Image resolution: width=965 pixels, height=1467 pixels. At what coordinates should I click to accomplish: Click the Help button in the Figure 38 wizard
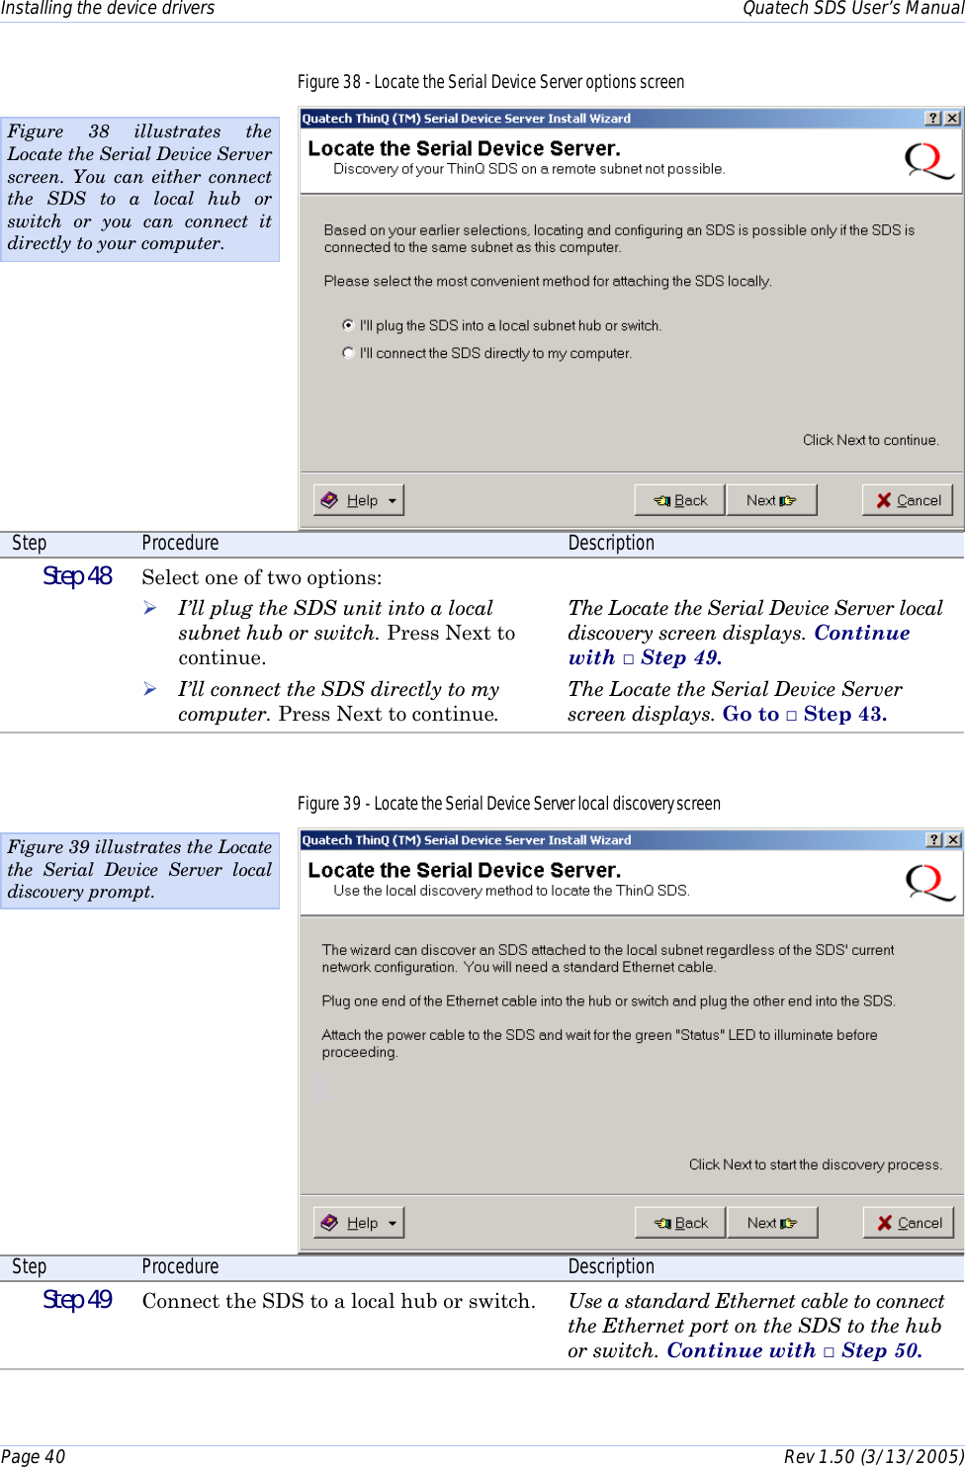[x=359, y=500]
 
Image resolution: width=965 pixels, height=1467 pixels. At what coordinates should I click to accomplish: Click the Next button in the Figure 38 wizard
[x=771, y=500]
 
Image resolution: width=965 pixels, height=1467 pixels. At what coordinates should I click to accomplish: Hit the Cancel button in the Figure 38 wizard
[x=908, y=500]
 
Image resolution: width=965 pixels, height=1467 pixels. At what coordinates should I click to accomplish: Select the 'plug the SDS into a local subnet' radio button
[x=348, y=325]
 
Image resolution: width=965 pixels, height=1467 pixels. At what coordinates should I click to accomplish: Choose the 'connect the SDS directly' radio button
[x=348, y=353]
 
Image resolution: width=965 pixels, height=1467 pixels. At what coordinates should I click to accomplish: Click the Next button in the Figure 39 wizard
[x=772, y=1223]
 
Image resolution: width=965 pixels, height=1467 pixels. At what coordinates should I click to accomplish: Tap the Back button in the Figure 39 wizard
[x=680, y=1223]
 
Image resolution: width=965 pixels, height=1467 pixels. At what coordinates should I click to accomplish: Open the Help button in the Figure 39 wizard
[x=359, y=1223]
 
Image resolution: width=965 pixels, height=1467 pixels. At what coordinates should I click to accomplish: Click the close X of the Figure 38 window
[x=952, y=119]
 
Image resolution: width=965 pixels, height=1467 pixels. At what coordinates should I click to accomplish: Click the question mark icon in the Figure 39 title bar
[x=933, y=840]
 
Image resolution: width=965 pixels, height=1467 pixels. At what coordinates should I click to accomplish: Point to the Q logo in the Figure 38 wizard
[x=929, y=161]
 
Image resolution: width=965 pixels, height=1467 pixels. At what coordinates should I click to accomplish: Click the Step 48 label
[x=77, y=576]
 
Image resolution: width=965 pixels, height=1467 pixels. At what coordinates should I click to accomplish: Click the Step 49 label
[x=77, y=1300]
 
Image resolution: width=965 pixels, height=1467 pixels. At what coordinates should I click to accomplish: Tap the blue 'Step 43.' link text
[x=844, y=714]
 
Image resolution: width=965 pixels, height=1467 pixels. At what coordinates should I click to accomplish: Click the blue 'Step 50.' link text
[x=881, y=1350]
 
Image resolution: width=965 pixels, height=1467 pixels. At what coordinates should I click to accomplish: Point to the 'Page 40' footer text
[x=34, y=1456]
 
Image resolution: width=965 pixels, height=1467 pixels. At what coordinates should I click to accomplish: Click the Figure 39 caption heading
[x=508, y=804]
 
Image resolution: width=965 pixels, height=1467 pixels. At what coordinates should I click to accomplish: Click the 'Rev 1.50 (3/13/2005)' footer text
[x=873, y=1456]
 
